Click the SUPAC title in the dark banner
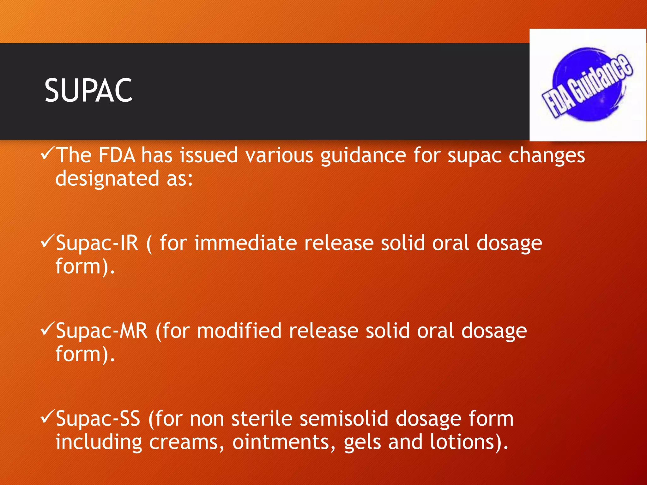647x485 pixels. (88, 91)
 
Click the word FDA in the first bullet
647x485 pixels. (117, 155)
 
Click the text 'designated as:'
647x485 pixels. (124, 179)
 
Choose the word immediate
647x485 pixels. (245, 243)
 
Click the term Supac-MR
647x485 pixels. (101, 331)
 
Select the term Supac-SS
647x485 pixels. (98, 419)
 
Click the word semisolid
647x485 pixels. (344, 419)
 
